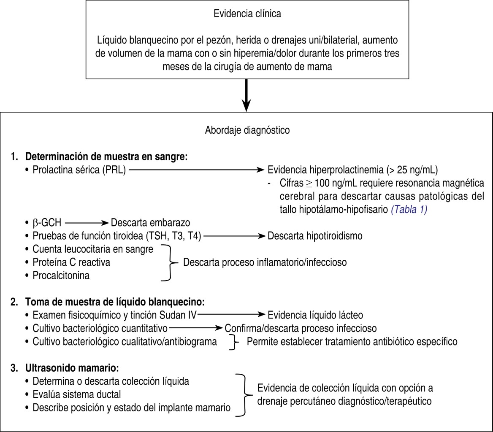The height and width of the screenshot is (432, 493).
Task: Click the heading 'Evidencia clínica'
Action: tap(247, 14)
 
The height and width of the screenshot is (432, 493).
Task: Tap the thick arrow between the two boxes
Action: tap(247, 95)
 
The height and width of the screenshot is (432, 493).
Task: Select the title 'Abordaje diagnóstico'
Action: tap(247, 130)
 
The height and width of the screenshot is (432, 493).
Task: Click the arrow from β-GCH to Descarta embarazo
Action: tap(87, 222)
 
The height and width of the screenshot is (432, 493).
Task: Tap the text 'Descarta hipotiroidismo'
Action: tap(315, 236)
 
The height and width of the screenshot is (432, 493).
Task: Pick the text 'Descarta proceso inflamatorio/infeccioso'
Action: tap(265, 262)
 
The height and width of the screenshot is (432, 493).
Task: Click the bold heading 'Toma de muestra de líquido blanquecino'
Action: tap(115, 302)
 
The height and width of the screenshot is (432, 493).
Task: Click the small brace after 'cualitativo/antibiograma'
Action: tap(233, 342)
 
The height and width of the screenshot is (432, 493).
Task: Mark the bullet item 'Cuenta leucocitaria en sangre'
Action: tap(93, 249)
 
